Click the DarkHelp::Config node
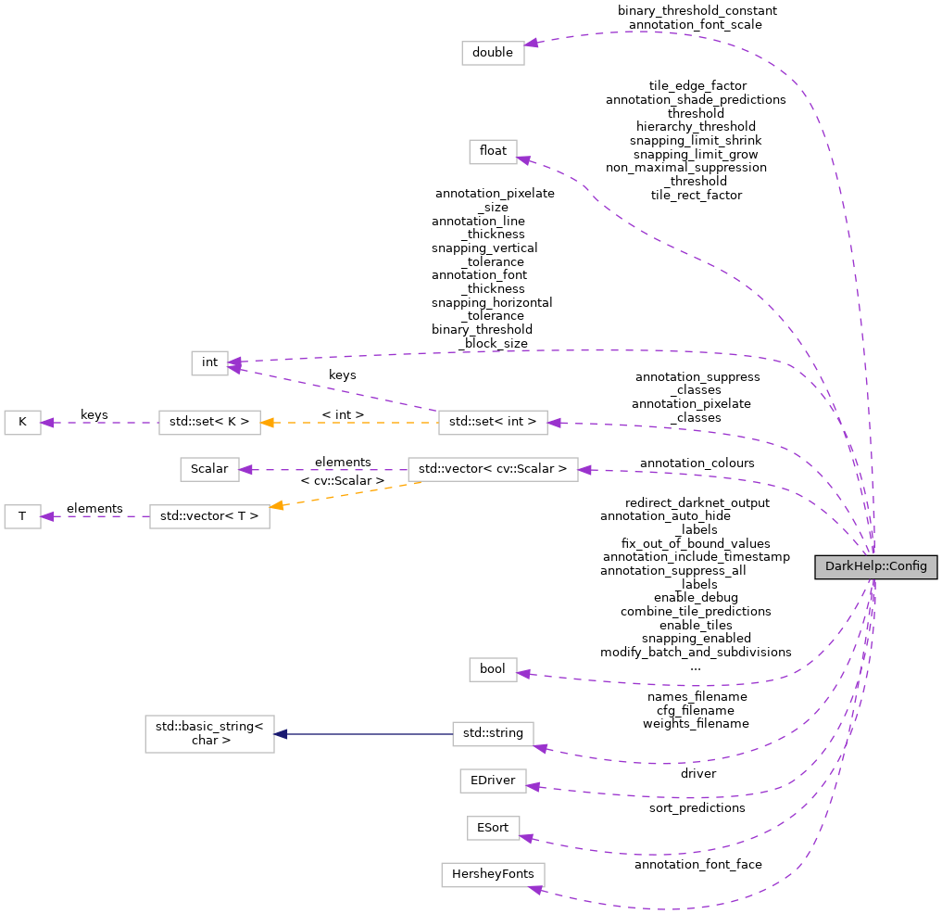pyautogui.click(x=876, y=567)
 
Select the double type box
pyautogui.click(x=493, y=53)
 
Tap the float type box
pyautogui.click(x=493, y=151)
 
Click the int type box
pyautogui.click(x=210, y=362)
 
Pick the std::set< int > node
pyautogui.click(x=493, y=423)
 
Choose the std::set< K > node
pyautogui.click(x=209, y=423)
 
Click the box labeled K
pyautogui.click(x=22, y=423)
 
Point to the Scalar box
pyautogui.click(x=209, y=469)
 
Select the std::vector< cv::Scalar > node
pyautogui.click(x=493, y=469)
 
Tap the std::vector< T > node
pyautogui.click(x=209, y=516)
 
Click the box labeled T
pyautogui.click(x=22, y=516)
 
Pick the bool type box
pyautogui.click(x=493, y=669)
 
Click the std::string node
pyautogui.click(x=493, y=733)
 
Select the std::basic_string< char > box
pyautogui.click(x=209, y=733)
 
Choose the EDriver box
pyautogui.click(x=493, y=781)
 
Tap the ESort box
pyautogui.click(x=493, y=827)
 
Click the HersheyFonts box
pyautogui.click(x=493, y=874)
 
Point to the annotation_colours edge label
pyautogui.click(x=697, y=463)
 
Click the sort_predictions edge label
pyautogui.click(x=697, y=808)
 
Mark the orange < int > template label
pyautogui.click(x=343, y=414)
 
